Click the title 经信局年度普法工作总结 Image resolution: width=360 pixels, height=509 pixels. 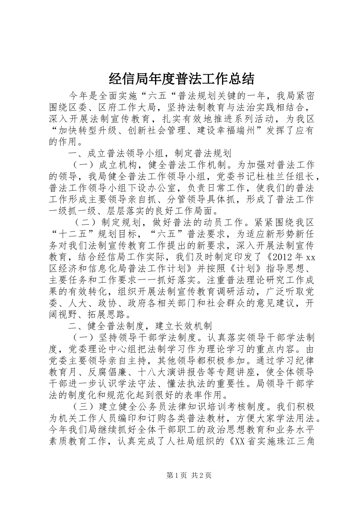tap(182, 80)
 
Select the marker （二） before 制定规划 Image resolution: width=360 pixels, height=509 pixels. tap(89, 223)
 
